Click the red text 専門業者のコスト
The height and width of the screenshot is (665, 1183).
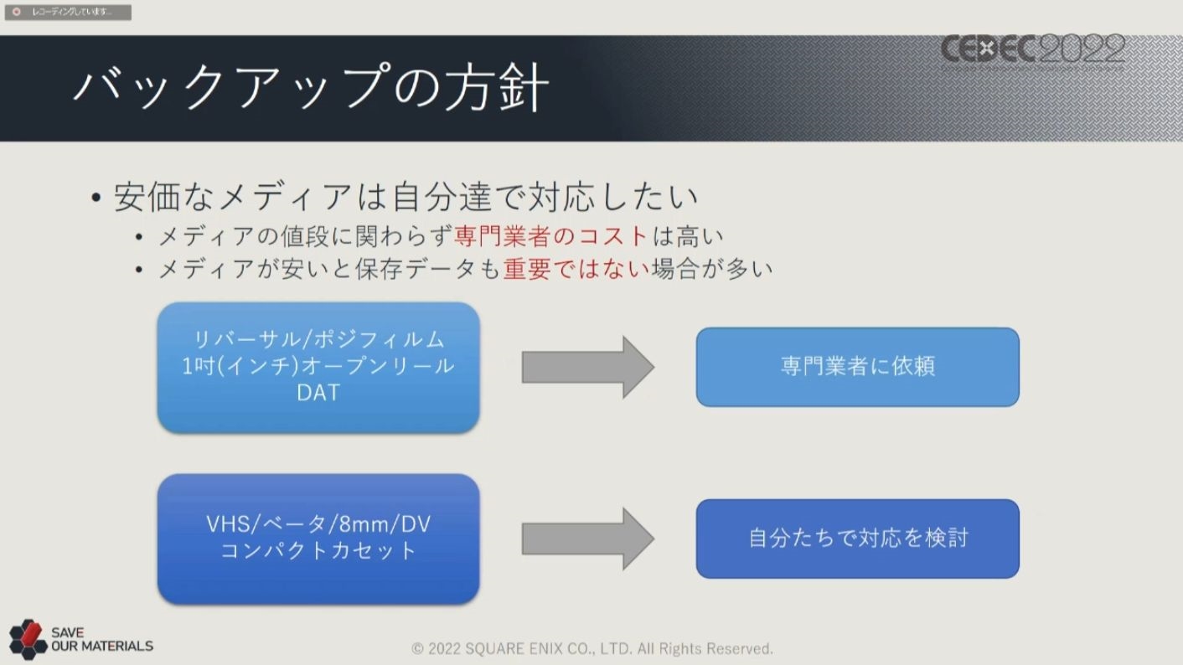tap(551, 236)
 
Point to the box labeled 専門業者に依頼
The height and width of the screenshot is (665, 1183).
tap(857, 367)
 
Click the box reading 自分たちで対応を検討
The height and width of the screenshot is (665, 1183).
tap(857, 538)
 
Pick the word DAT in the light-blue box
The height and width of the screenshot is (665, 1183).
tap(318, 392)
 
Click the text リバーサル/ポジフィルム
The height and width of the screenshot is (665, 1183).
tap(318, 340)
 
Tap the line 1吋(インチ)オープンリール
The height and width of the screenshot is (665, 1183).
tap(318, 366)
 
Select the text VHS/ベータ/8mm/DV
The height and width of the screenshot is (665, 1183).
tap(318, 524)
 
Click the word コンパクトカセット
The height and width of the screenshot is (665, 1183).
tap(318, 550)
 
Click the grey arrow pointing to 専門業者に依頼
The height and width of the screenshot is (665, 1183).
tap(587, 367)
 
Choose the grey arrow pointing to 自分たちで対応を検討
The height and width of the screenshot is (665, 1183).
tap(587, 539)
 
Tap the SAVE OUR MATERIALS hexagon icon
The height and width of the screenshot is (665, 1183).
tap(28, 639)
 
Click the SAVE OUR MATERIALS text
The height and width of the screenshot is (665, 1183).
tap(101, 640)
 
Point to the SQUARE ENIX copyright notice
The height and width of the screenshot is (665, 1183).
tap(592, 649)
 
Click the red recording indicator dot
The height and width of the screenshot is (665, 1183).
tap(16, 12)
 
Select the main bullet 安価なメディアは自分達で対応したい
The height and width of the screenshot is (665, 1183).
tap(406, 198)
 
